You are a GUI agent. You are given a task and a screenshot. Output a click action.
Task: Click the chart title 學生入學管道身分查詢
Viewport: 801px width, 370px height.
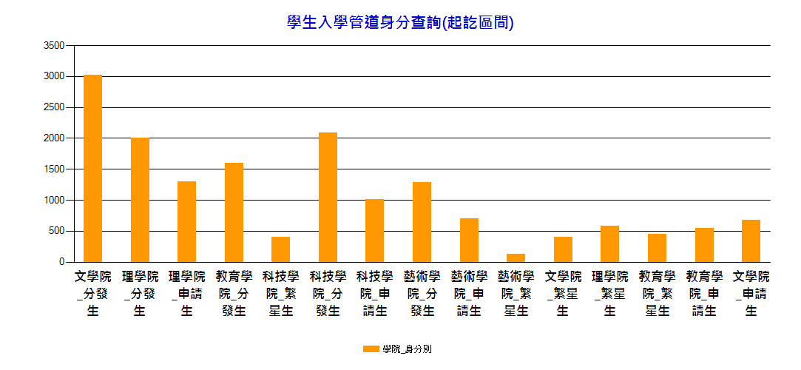tap(400, 23)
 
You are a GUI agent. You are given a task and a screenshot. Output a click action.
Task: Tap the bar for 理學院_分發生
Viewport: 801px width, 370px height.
tap(140, 200)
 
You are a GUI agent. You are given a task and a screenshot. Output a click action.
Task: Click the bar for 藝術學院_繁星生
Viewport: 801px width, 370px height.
tap(516, 258)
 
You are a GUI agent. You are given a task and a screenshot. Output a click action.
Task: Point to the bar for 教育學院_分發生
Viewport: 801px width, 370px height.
tap(234, 212)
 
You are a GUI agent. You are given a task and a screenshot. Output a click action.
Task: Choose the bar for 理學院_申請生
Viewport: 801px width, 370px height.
tap(186, 221)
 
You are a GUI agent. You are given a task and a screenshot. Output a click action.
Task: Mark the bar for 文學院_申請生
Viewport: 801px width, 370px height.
tap(751, 240)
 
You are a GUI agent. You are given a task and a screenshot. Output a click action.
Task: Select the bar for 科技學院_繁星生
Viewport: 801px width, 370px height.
tap(280, 249)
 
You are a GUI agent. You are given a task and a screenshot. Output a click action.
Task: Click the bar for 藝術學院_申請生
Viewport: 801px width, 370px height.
tap(469, 240)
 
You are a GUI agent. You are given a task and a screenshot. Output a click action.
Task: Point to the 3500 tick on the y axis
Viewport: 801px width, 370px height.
tap(54, 46)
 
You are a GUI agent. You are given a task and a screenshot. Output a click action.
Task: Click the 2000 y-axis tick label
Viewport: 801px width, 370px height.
tap(54, 138)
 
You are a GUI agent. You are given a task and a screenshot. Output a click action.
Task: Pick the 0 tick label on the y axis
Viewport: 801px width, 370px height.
tap(61, 262)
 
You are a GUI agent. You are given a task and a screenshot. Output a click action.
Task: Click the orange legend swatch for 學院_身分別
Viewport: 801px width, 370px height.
tap(371, 349)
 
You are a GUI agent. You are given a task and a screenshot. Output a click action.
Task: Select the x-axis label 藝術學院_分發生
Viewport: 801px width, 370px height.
tap(422, 294)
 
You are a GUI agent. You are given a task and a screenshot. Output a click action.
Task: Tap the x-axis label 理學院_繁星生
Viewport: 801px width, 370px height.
tap(609, 294)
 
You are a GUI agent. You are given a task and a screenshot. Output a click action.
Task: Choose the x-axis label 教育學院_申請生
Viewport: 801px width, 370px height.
tap(703, 294)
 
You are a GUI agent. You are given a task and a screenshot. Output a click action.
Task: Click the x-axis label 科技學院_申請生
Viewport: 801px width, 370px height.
tap(374, 294)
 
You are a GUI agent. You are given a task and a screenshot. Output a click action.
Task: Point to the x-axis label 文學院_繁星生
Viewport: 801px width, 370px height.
tap(563, 294)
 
